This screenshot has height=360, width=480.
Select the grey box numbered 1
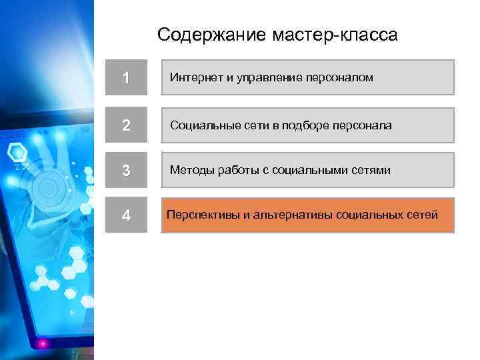[126, 78]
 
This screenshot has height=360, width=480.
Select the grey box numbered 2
[126, 125]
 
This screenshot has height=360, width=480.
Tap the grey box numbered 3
[126, 171]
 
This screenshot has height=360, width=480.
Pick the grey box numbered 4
[126, 216]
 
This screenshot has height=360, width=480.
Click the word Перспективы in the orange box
[199, 215]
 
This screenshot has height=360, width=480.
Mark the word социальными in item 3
[310, 171]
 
